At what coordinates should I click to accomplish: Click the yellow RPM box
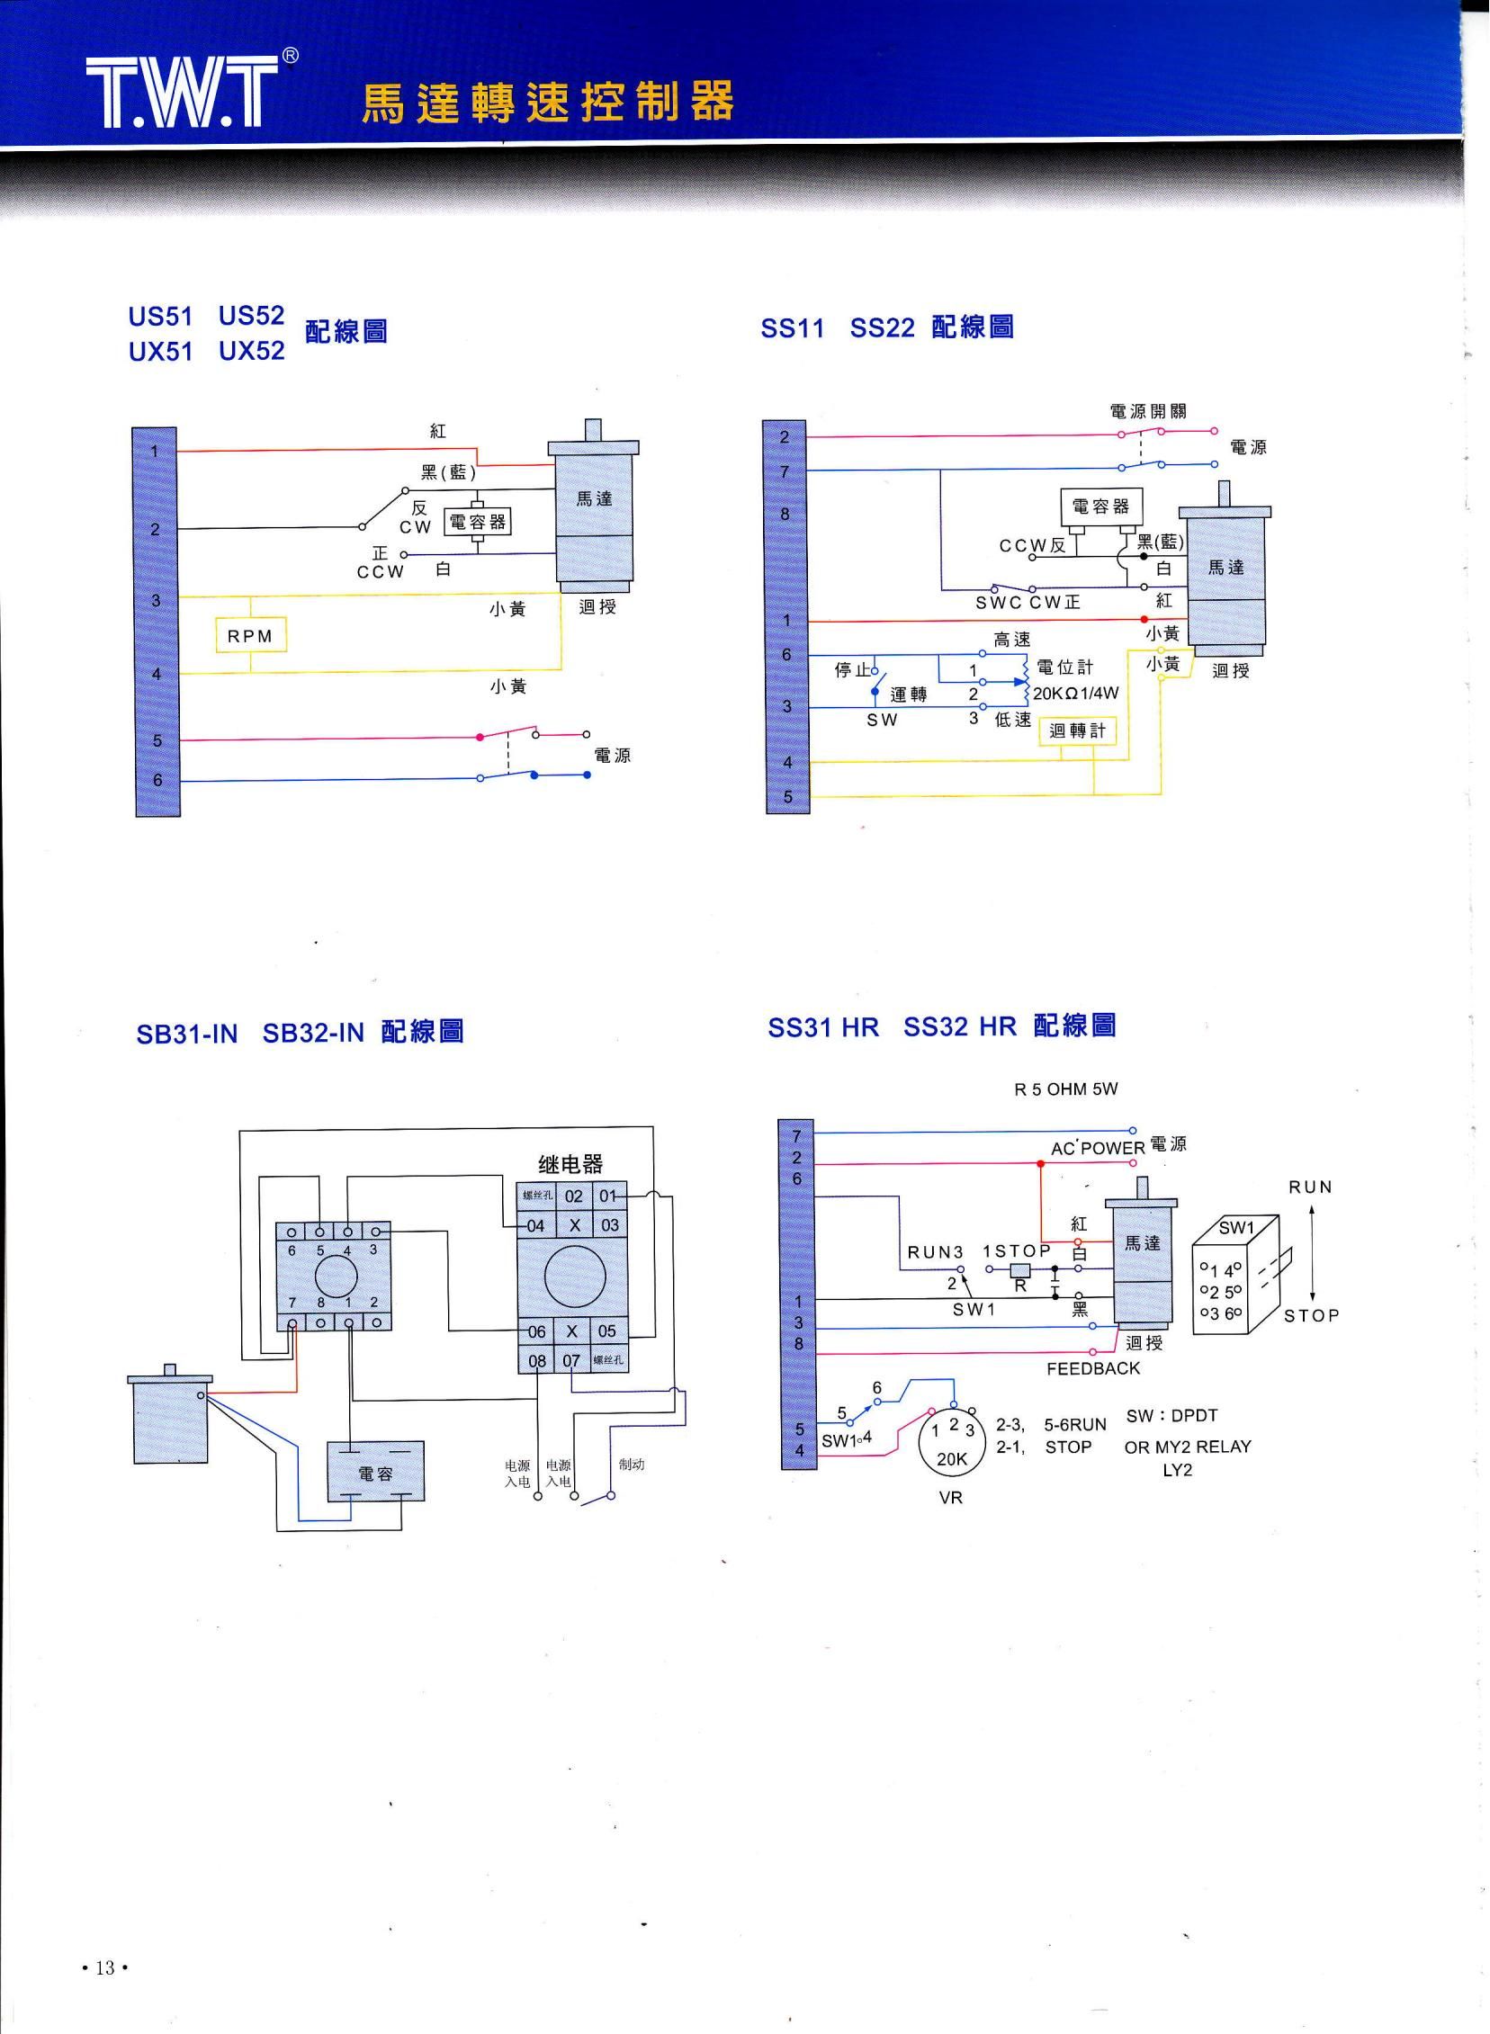[250, 637]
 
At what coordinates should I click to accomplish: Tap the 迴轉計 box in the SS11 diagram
[1077, 730]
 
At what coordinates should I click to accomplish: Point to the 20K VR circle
[953, 1443]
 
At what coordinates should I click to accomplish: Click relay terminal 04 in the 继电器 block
[535, 1226]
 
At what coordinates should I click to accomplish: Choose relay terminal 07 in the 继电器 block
[571, 1360]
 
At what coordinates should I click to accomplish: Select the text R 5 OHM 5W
[1065, 1089]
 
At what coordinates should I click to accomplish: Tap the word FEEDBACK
[1093, 1368]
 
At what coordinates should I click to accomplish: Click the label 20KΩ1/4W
[1075, 694]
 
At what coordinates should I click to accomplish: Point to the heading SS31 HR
[822, 1027]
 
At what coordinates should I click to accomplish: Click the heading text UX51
[160, 351]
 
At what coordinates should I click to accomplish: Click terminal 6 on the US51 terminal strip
[157, 780]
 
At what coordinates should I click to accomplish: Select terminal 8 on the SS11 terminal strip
[785, 514]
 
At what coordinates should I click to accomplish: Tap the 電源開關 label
[1147, 412]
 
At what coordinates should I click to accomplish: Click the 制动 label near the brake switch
[632, 1465]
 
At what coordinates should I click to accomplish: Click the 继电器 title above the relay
[570, 1164]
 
